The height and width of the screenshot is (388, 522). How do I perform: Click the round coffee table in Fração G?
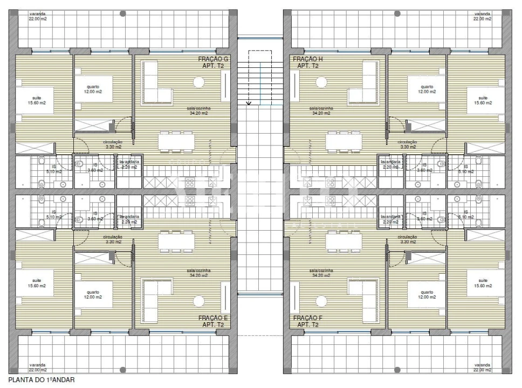pos(199,82)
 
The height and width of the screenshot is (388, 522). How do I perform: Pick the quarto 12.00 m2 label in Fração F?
pos(427,295)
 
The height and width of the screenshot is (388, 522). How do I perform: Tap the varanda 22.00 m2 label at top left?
pos(39,16)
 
